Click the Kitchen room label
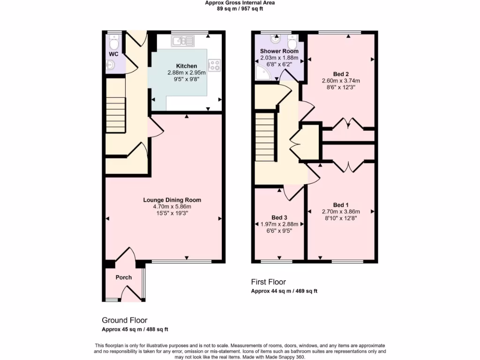(x=186, y=66)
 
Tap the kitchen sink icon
(x=183, y=42)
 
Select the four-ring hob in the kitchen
(x=214, y=65)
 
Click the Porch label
(x=124, y=277)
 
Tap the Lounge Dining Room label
(x=172, y=200)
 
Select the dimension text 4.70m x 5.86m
(x=172, y=207)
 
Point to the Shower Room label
(x=279, y=51)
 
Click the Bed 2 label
(x=341, y=74)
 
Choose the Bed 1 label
(x=341, y=205)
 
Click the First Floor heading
(x=269, y=282)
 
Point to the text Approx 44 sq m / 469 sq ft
(x=284, y=291)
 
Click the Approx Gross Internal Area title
(x=240, y=3)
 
